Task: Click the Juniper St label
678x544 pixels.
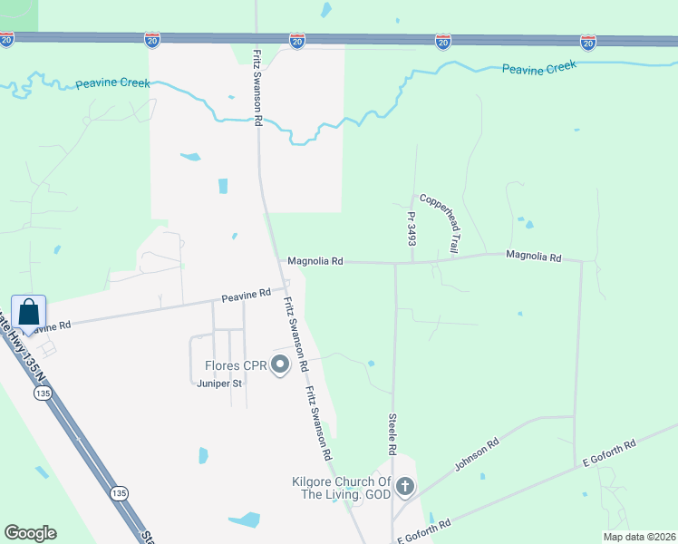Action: tap(220, 384)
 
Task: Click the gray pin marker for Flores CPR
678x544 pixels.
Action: tap(280, 365)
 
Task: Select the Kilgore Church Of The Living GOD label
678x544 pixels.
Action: tap(340, 488)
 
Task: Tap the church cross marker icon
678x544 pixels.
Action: tap(404, 488)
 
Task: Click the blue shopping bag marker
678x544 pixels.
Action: tap(28, 313)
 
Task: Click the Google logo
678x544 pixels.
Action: tap(30, 532)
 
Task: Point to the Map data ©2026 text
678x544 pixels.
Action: tap(638, 537)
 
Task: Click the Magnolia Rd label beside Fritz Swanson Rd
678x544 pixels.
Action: tap(315, 261)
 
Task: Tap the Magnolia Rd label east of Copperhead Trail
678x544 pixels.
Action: tap(534, 257)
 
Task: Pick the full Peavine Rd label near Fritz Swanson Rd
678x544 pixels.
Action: tap(247, 294)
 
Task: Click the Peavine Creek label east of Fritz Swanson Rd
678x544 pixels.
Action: tap(539, 68)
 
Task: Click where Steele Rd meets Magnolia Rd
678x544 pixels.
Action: tap(395, 264)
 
